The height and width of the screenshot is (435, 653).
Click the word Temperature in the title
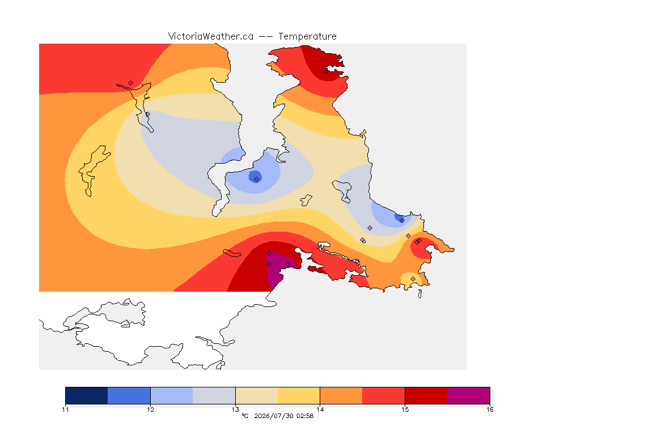(307, 37)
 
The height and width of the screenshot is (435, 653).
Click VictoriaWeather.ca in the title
(211, 37)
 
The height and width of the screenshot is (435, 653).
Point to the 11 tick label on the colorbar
(65, 410)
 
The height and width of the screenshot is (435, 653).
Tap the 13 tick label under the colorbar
(235, 410)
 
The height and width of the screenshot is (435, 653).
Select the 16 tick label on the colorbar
(490, 410)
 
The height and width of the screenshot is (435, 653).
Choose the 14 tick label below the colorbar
(320, 410)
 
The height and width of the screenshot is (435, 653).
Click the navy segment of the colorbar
(87, 395)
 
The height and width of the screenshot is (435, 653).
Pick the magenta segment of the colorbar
(469, 395)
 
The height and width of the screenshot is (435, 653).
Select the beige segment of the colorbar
(257, 395)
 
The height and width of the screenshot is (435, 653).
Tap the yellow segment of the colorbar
(299, 395)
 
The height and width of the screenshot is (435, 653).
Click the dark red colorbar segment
(426, 395)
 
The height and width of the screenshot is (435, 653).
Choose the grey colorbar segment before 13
(214, 395)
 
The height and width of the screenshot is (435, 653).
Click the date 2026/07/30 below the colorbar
(273, 416)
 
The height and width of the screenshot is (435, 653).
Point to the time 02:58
(305, 416)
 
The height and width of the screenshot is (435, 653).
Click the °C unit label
(245, 416)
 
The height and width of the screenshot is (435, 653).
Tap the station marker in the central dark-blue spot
(257, 180)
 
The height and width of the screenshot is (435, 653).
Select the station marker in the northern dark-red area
(326, 71)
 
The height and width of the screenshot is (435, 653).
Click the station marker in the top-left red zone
(131, 83)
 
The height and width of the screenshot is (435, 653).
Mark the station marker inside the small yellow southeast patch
(413, 279)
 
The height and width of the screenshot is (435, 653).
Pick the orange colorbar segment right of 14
(341, 395)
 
